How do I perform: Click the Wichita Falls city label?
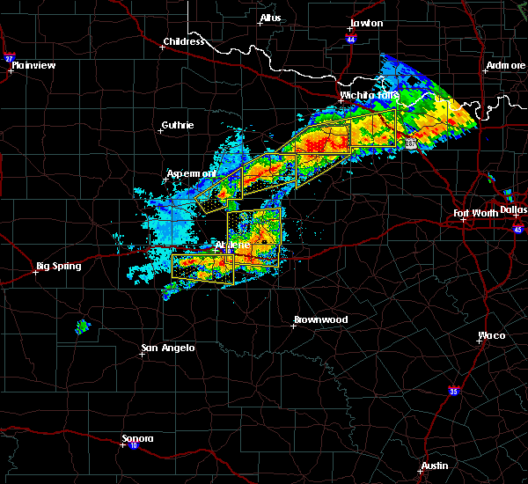pos(369,95)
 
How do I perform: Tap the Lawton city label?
pos(366,23)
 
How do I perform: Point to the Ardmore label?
pos(504,66)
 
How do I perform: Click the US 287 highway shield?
pos(411,143)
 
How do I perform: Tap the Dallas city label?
pos(513,209)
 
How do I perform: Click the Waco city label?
pos(492,335)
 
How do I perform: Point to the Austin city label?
pos(434,466)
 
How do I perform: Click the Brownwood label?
pos(320,319)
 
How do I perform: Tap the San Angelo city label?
pos(168,348)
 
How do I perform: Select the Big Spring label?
pos(58,266)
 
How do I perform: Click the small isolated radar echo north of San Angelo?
pos(83,326)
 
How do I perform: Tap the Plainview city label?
pos(35,64)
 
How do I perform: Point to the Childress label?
pos(184,41)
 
